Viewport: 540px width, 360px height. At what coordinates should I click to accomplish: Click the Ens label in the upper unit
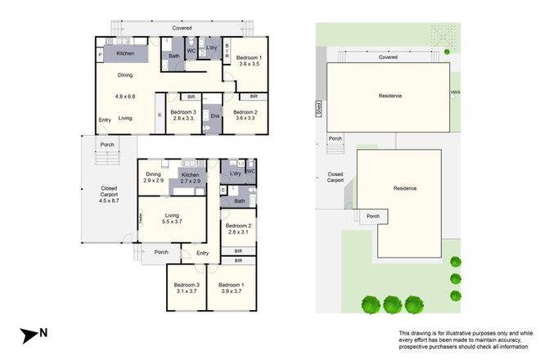215,116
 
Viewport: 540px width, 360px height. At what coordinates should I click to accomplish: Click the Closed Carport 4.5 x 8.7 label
108,194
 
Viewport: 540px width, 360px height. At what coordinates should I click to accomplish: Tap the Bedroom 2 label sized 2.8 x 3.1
238,229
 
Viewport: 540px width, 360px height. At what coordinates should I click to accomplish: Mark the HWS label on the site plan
454,92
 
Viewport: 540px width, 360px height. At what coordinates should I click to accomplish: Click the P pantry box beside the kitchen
100,56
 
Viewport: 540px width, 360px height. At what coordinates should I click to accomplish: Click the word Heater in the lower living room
140,218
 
